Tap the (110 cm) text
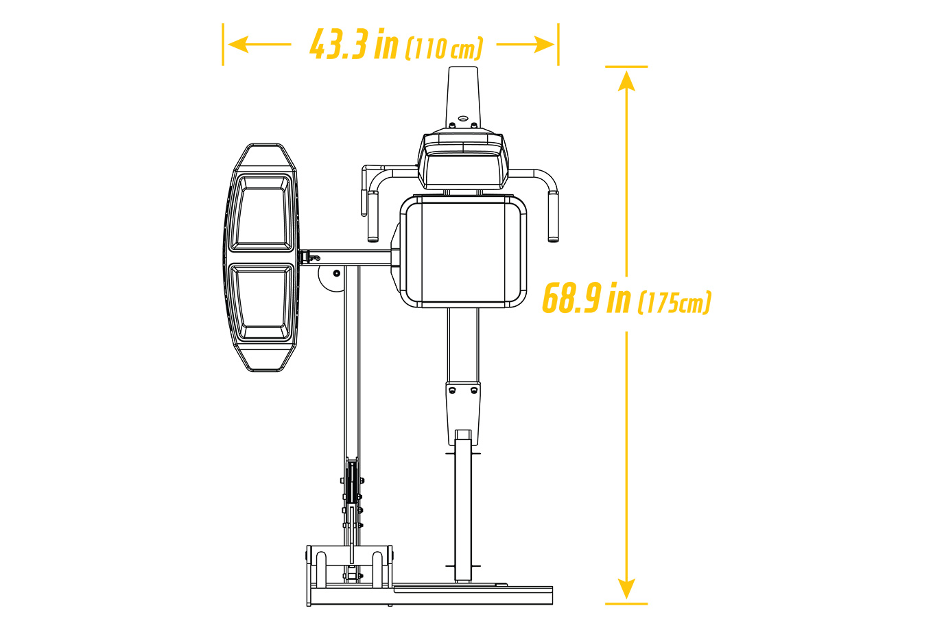tap(444, 48)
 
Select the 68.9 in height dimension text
tap(587, 297)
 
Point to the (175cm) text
tap(674, 302)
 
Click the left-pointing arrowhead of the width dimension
tap(238, 44)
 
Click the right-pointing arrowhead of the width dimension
tap(545, 44)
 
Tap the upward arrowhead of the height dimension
tap(626, 81)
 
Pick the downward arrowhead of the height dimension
tap(626, 589)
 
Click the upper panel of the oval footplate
tap(261, 213)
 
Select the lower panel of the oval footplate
tap(261, 303)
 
